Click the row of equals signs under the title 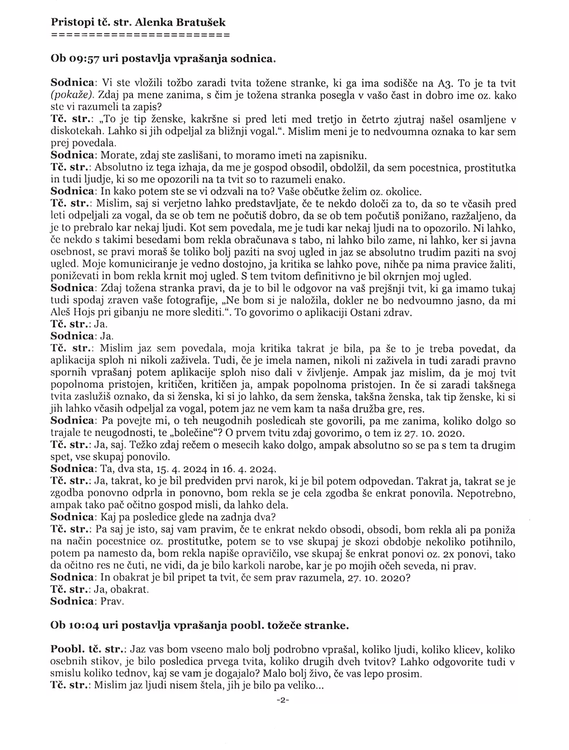coord(140,35)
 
